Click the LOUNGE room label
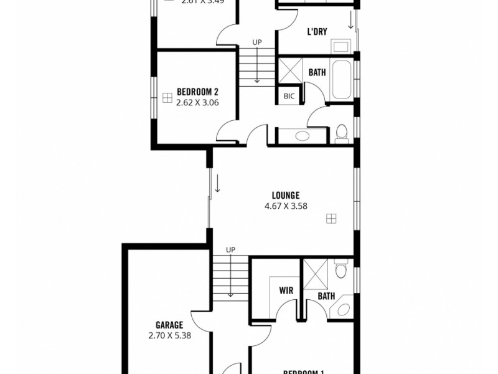[286, 195]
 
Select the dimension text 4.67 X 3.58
[286, 206]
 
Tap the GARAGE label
[169, 325]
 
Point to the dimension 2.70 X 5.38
[169, 335]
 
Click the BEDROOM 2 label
[196, 92]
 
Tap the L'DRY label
[317, 32]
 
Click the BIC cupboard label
[289, 96]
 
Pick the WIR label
[286, 290]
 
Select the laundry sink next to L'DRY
[340, 46]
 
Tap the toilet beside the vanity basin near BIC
[341, 132]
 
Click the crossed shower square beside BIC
[289, 72]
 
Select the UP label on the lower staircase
[230, 250]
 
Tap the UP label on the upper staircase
[256, 42]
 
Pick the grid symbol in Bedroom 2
[167, 97]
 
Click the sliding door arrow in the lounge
[218, 184]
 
